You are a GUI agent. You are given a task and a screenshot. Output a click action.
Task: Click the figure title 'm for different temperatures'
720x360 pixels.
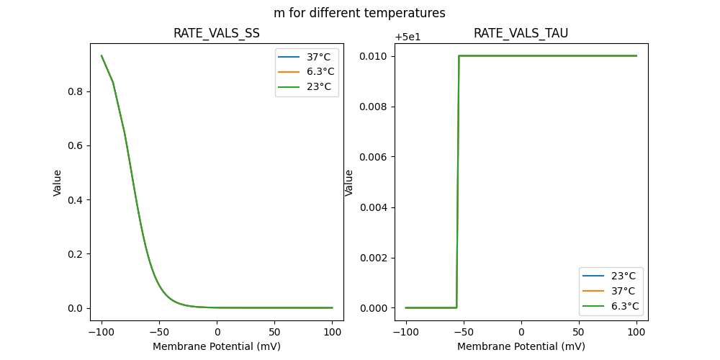[359, 13]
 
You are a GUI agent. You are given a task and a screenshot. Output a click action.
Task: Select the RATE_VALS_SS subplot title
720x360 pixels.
[217, 33]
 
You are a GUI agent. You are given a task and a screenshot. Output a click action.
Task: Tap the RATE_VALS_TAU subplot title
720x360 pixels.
[521, 33]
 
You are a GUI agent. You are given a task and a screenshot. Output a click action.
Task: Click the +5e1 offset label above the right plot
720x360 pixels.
[410, 37]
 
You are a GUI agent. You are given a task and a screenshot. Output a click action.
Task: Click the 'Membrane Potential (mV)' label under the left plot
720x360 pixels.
[217, 346]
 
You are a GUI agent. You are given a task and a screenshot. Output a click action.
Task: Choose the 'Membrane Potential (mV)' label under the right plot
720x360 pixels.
[521, 346]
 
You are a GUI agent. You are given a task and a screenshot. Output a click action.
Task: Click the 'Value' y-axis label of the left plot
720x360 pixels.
[58, 183]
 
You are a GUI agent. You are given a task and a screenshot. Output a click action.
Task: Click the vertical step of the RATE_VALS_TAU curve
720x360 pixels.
[458, 180]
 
